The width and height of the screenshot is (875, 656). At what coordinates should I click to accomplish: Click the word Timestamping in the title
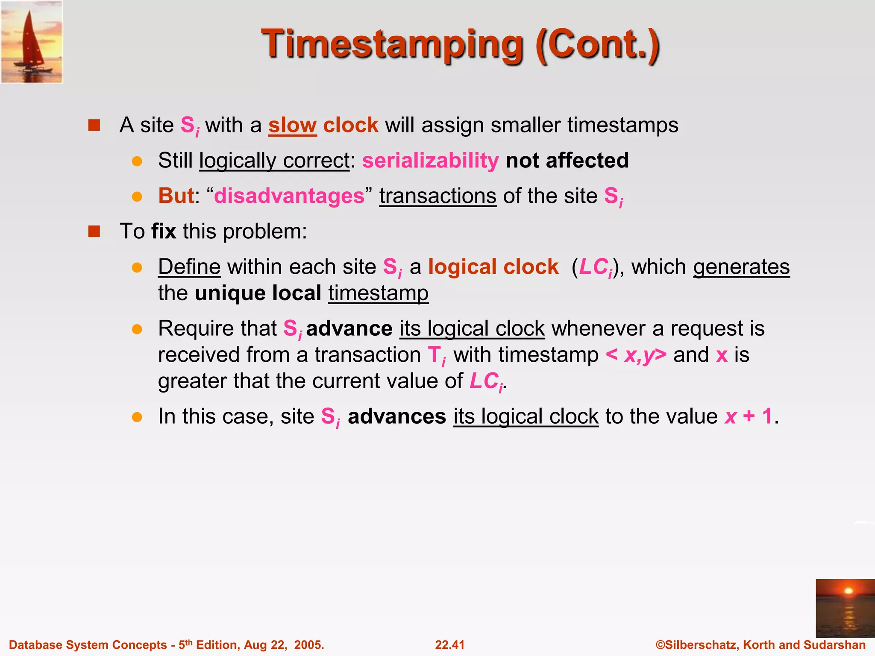click(x=392, y=45)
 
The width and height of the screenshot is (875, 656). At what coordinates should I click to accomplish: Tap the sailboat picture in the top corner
click(x=32, y=42)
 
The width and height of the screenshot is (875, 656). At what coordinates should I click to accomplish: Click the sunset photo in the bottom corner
click(x=845, y=608)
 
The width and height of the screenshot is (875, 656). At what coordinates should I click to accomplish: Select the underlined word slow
click(x=292, y=125)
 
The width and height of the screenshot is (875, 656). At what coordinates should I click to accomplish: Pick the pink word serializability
click(x=430, y=161)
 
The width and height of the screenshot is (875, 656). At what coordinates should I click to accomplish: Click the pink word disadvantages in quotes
click(x=289, y=196)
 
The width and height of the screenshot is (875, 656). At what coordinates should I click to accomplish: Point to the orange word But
click(x=176, y=196)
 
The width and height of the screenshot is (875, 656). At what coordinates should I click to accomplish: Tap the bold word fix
click(x=164, y=231)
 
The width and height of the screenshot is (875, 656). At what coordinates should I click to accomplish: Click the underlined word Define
click(x=189, y=267)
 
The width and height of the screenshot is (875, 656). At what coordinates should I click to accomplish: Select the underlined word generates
click(x=741, y=267)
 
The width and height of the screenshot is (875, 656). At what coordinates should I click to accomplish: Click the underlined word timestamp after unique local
click(x=378, y=293)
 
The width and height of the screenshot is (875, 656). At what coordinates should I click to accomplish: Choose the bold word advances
click(x=397, y=416)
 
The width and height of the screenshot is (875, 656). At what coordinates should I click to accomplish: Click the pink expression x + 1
click(x=749, y=416)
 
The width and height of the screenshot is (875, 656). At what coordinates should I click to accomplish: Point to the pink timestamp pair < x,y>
click(x=636, y=355)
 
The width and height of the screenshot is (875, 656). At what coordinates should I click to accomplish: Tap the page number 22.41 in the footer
click(x=449, y=645)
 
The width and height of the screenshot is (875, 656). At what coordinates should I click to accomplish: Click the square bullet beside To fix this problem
click(x=94, y=231)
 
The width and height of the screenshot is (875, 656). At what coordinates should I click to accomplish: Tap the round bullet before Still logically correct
click(x=137, y=161)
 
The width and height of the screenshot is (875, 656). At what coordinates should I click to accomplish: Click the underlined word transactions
click(x=437, y=196)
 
